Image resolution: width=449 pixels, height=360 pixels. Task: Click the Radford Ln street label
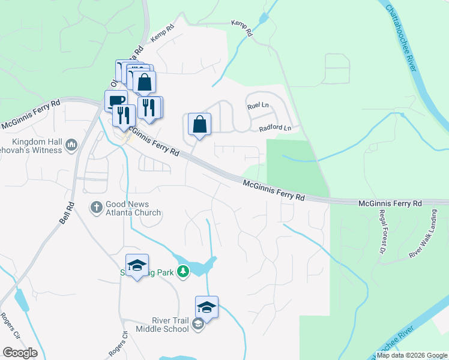tap(275, 128)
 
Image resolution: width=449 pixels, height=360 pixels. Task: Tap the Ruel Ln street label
tap(259, 106)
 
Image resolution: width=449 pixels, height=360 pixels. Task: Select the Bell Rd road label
tap(66, 213)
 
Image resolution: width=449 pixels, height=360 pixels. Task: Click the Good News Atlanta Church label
tap(133, 208)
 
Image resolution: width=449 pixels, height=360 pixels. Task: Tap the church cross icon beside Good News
tap(96, 208)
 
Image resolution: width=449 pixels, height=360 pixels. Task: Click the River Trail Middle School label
tap(163, 325)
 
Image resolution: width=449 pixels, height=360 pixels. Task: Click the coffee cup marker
tap(115, 101)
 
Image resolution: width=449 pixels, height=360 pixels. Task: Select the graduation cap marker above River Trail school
tap(206, 307)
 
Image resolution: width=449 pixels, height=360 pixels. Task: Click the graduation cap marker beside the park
tap(137, 265)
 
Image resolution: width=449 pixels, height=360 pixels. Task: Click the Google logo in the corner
tap(20, 353)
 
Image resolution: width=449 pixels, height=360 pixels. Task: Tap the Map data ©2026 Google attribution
tap(412, 355)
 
